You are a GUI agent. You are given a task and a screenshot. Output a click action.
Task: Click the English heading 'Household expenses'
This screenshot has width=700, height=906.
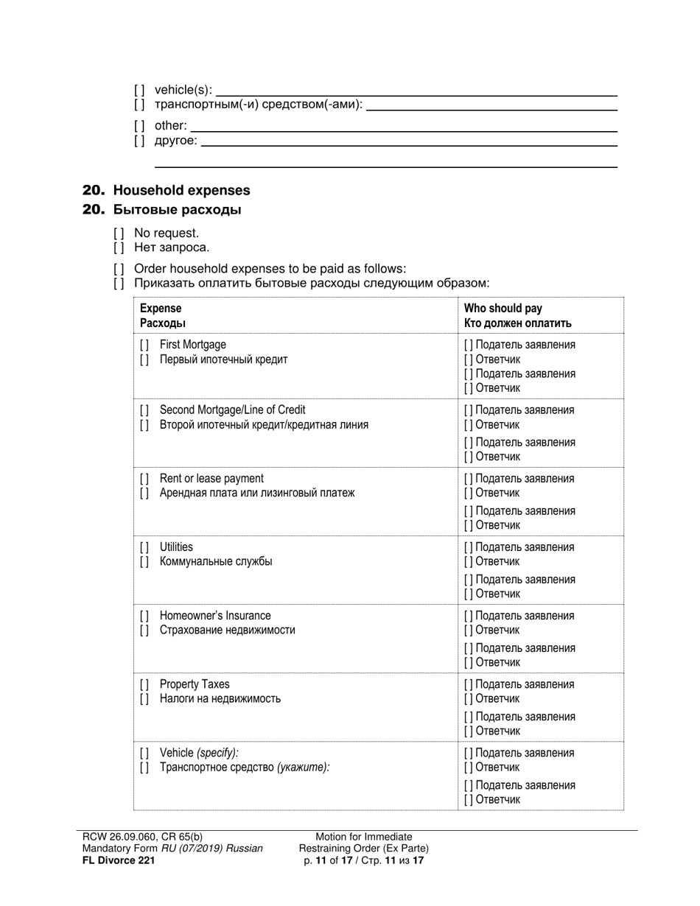181,190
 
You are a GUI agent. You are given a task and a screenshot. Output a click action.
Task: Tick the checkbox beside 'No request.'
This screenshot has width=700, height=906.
119,233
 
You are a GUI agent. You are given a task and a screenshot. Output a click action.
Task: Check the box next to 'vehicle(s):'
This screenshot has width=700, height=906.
139,90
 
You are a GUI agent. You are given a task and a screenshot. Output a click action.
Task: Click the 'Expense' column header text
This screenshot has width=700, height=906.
161,309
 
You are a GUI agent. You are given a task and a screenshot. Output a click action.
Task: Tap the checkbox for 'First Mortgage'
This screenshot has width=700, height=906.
144,345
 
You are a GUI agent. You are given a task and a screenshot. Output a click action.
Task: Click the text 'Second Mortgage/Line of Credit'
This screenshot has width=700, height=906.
232,410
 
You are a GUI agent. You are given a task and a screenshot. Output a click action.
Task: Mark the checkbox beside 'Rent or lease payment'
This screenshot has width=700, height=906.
144,479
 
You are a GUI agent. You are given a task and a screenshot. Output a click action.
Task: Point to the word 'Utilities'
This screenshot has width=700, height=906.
176,547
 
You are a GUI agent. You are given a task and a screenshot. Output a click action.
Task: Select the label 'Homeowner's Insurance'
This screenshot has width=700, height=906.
215,616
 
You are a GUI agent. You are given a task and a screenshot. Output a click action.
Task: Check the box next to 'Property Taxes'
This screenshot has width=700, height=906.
144,684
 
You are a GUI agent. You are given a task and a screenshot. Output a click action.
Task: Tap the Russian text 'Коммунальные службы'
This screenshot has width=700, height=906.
216,561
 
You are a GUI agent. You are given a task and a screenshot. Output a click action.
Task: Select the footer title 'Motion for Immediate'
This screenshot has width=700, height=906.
364,837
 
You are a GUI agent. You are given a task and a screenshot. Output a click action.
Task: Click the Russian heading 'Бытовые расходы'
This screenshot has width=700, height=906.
177,210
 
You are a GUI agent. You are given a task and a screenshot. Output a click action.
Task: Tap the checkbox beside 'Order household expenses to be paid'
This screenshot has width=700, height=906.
119,269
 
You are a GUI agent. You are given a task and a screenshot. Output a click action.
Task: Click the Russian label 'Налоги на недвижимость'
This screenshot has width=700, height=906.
220,698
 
